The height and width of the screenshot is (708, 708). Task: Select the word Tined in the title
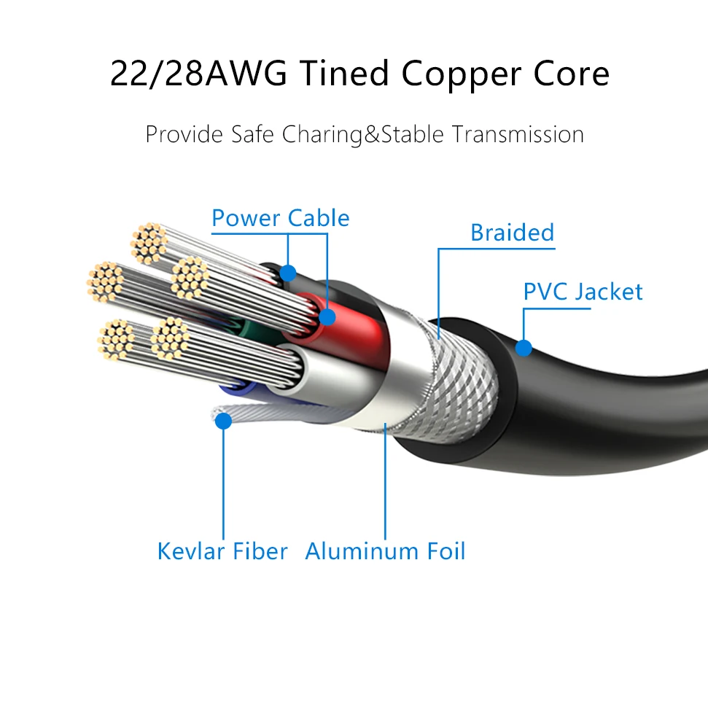pos(342,75)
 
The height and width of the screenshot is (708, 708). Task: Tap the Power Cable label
pos(280,218)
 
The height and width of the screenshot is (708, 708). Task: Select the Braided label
pos(512,233)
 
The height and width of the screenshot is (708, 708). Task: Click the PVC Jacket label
pos(583,292)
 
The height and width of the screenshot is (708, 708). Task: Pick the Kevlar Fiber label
pos(222,551)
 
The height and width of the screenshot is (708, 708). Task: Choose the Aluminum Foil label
pos(385,551)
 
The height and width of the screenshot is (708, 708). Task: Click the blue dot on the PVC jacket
pos(524,347)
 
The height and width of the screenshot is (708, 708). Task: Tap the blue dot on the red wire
pos(327,316)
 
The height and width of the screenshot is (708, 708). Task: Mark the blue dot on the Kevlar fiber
pos(224,421)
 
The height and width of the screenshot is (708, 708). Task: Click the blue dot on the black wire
pos(288,273)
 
